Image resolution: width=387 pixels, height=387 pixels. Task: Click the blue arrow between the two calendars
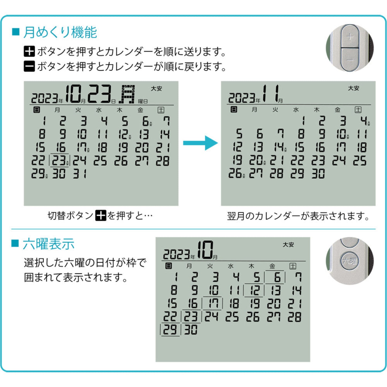pos(200,143)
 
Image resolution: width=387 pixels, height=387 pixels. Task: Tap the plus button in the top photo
pos(350,37)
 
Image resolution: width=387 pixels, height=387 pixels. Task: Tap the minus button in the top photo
pos(350,60)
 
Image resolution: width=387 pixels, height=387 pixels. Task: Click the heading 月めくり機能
pos(60,32)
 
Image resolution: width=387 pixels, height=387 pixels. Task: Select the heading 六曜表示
pos(48,244)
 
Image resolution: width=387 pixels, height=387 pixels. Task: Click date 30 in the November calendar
pos(318,174)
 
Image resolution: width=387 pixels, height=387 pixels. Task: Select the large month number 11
pos(270,94)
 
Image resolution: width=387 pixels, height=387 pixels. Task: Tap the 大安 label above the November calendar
pos(354,88)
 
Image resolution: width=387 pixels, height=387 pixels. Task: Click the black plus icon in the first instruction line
pos(29,51)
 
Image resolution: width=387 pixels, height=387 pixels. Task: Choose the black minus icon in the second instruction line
pos(29,66)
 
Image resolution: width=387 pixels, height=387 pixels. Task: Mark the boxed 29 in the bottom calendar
pos(170,329)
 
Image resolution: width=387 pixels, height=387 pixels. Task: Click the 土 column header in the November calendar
pos(358,110)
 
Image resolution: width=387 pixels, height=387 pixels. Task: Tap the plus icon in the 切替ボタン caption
pos(101,215)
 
